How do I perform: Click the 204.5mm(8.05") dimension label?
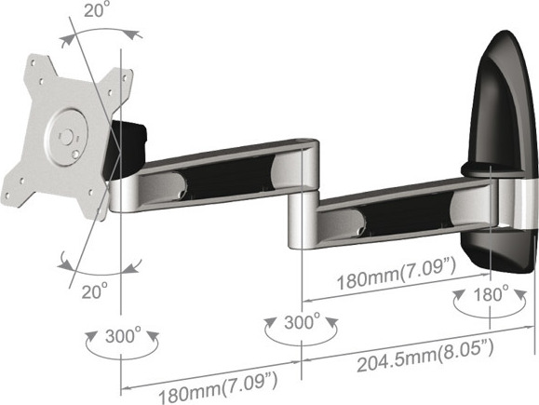point(425,356)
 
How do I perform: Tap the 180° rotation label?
point(491,294)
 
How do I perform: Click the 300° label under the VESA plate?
point(123,336)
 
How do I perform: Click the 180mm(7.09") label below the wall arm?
point(397,275)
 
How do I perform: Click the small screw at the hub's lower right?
point(75,155)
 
